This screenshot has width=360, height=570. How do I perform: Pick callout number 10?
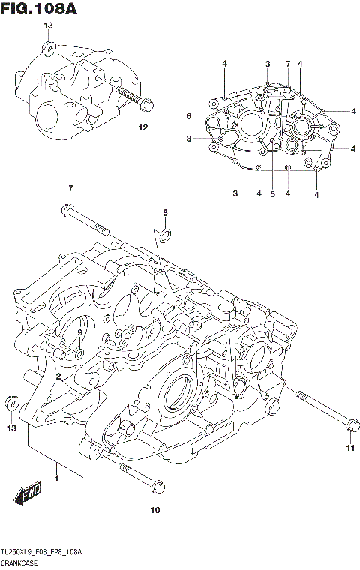pos(156,511)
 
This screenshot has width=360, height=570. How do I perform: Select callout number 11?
pos(349,448)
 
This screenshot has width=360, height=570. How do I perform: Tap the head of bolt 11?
pos(349,425)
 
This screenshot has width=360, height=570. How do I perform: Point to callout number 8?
pos(166,214)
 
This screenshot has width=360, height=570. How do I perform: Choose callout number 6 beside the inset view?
pos(189,115)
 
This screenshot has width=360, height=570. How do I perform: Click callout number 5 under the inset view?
pos(273,195)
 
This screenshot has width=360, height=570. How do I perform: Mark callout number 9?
pos(80,322)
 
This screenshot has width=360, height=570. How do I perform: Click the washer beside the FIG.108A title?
pos(49,51)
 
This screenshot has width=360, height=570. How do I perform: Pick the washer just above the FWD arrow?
pos(11,403)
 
